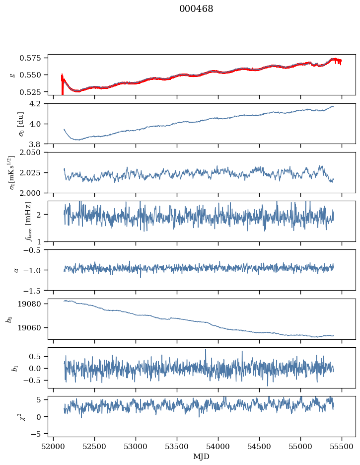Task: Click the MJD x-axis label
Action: point(202,457)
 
